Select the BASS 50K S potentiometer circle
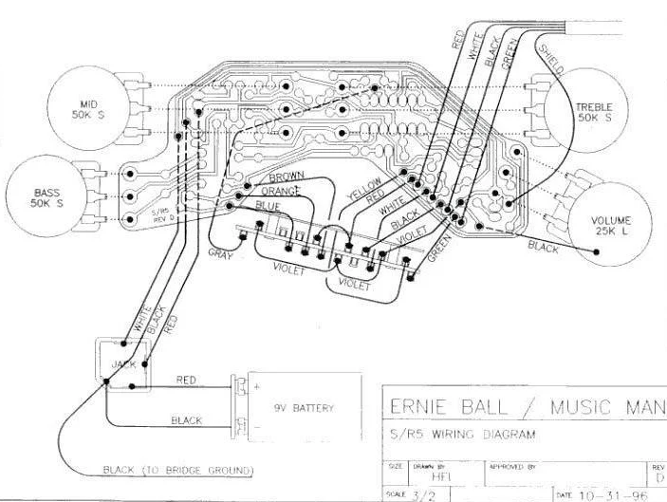45,197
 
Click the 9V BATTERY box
305,408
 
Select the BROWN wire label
286,177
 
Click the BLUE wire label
269,205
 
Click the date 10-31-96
606,494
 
